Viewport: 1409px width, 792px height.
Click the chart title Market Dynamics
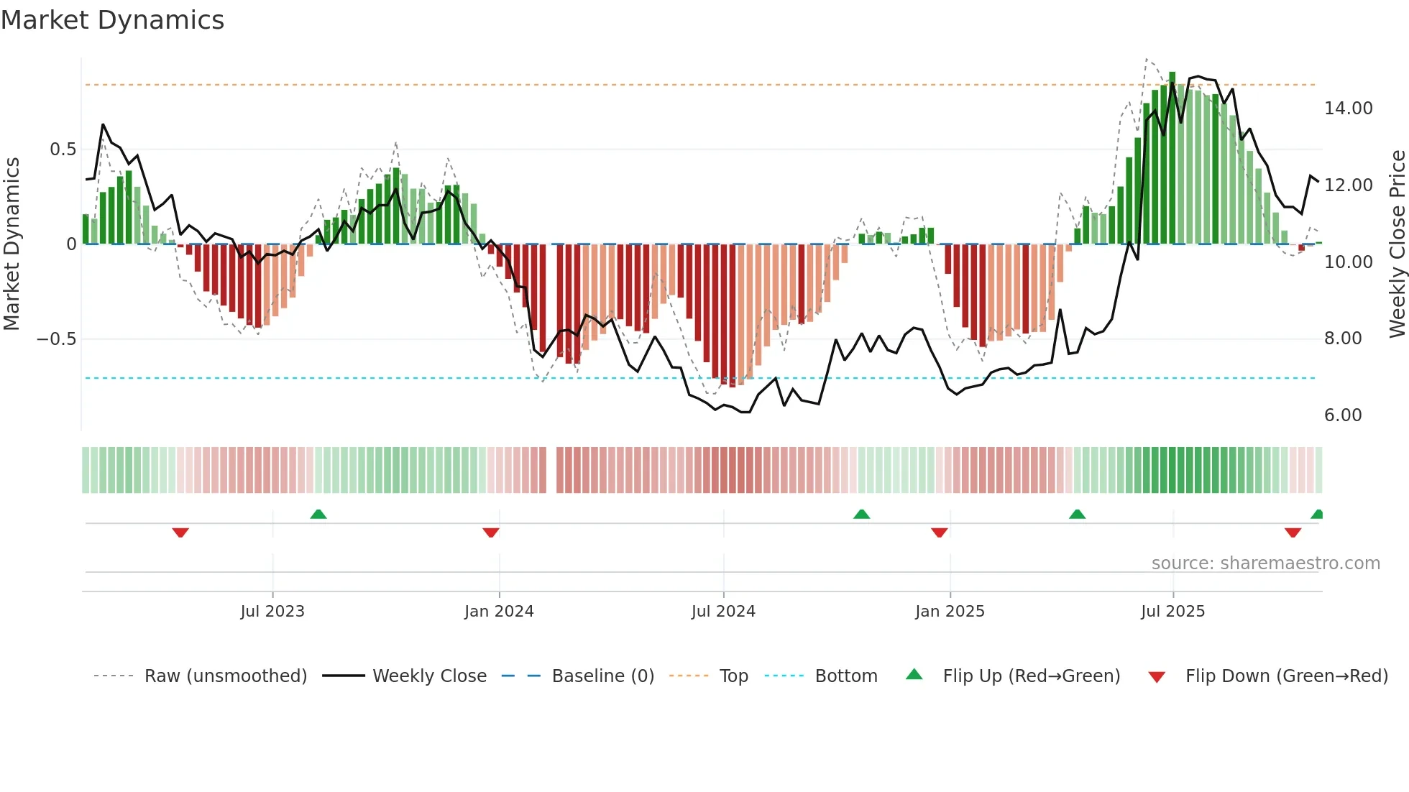[x=112, y=20]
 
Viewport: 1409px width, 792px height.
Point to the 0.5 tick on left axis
[x=63, y=149]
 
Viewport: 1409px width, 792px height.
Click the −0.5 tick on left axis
[x=57, y=339]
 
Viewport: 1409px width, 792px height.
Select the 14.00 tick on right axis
[x=1348, y=109]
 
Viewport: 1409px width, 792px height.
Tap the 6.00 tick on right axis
[x=1342, y=415]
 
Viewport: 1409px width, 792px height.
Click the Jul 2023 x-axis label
[x=272, y=612]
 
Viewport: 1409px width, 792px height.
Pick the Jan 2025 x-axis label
[x=950, y=612]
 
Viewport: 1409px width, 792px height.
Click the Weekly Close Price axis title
[x=1397, y=244]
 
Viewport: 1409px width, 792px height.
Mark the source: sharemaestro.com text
[x=1265, y=563]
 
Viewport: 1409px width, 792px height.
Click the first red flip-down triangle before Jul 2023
[x=180, y=533]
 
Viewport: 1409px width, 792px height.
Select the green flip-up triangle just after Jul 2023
[x=318, y=514]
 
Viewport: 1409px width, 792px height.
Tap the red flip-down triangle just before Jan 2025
[x=939, y=533]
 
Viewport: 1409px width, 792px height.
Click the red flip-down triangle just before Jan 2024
[x=491, y=533]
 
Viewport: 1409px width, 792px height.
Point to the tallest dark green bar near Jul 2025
[x=1172, y=158]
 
